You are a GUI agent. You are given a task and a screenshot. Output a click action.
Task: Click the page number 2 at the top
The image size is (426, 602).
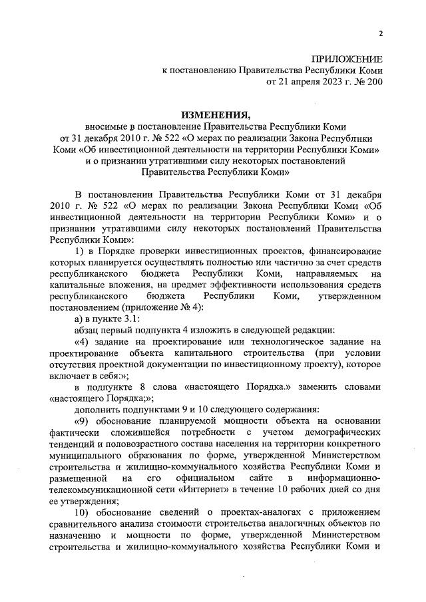click(x=381, y=33)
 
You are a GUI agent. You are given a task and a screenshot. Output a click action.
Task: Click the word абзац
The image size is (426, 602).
click(x=88, y=330)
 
